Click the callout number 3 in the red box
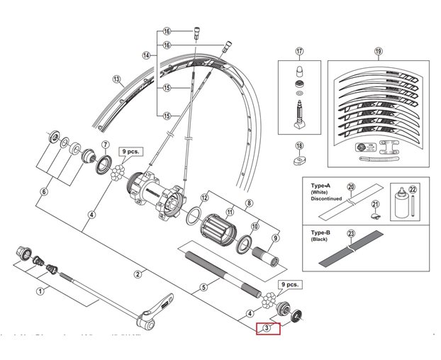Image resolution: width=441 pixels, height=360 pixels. click(267, 327)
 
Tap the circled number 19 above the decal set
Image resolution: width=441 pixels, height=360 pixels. click(378, 51)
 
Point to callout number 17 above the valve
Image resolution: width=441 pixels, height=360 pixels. click(299, 51)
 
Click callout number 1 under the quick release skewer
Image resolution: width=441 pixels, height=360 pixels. click(40, 291)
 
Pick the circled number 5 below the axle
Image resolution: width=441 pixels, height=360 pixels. click(203, 287)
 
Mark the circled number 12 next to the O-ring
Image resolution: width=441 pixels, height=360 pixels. click(203, 198)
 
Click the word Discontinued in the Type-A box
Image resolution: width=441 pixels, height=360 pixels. click(327, 199)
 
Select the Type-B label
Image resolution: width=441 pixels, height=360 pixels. click(322, 232)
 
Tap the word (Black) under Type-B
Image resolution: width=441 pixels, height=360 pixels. click(320, 240)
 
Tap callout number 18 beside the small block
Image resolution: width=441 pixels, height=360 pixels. click(299, 145)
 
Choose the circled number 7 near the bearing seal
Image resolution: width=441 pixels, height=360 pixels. click(105, 146)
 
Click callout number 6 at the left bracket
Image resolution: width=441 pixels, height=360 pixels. click(44, 191)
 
